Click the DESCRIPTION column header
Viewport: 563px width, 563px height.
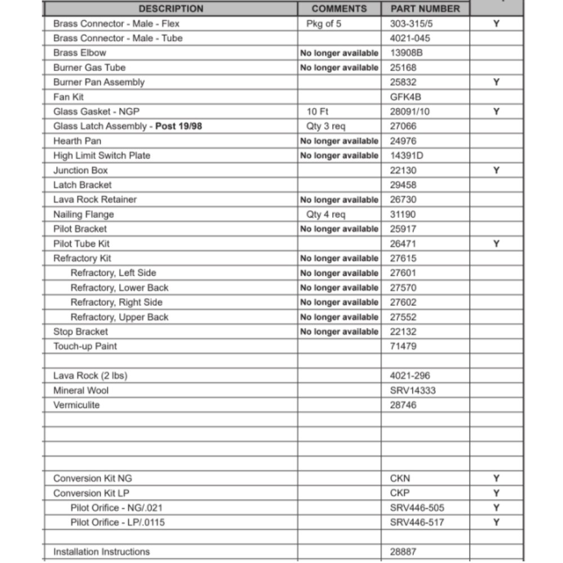click(x=171, y=8)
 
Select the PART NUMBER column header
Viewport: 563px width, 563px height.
click(x=425, y=8)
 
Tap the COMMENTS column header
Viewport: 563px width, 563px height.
click(x=339, y=8)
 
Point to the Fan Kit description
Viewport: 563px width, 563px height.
click(x=69, y=97)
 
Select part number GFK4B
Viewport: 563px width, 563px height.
click(x=403, y=97)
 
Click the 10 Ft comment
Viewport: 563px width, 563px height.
click(x=317, y=111)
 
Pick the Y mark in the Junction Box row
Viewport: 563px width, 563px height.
click(x=496, y=170)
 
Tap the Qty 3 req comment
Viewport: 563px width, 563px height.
click(x=326, y=126)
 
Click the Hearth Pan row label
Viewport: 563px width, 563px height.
click(x=77, y=141)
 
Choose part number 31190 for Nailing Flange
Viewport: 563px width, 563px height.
click(x=403, y=215)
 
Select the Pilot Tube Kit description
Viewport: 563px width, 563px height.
click(x=82, y=244)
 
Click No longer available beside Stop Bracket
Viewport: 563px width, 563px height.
click(x=339, y=332)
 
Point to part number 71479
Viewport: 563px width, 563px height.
click(x=403, y=346)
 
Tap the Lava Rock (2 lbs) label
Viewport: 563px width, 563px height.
click(x=90, y=376)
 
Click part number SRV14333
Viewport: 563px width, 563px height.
click(x=413, y=390)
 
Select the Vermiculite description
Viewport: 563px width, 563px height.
click(x=77, y=405)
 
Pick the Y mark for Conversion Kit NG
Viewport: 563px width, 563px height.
click(x=496, y=479)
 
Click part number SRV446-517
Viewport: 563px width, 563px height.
click(x=417, y=522)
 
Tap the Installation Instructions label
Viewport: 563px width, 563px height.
click(x=101, y=552)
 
